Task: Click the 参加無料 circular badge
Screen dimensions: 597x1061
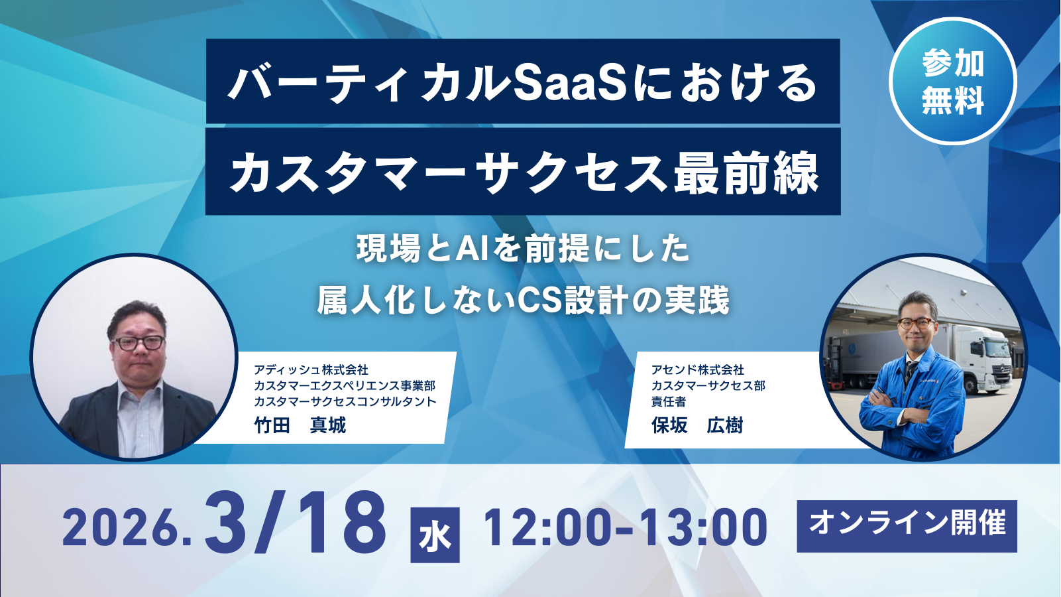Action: click(952, 82)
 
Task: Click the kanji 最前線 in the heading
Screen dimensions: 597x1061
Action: click(747, 173)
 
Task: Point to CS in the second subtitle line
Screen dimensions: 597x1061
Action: click(538, 300)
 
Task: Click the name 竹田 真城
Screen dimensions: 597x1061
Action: click(300, 425)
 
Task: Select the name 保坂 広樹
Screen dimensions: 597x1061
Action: click(697, 425)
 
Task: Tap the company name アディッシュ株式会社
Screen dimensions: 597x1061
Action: click(311, 369)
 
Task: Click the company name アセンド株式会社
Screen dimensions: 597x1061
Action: click(697, 369)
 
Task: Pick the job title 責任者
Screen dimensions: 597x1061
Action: click(668, 401)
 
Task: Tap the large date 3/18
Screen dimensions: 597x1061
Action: click(296, 524)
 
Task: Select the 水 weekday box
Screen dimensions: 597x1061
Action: click(435, 535)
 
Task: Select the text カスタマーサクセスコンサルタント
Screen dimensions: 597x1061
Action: click(345, 401)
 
